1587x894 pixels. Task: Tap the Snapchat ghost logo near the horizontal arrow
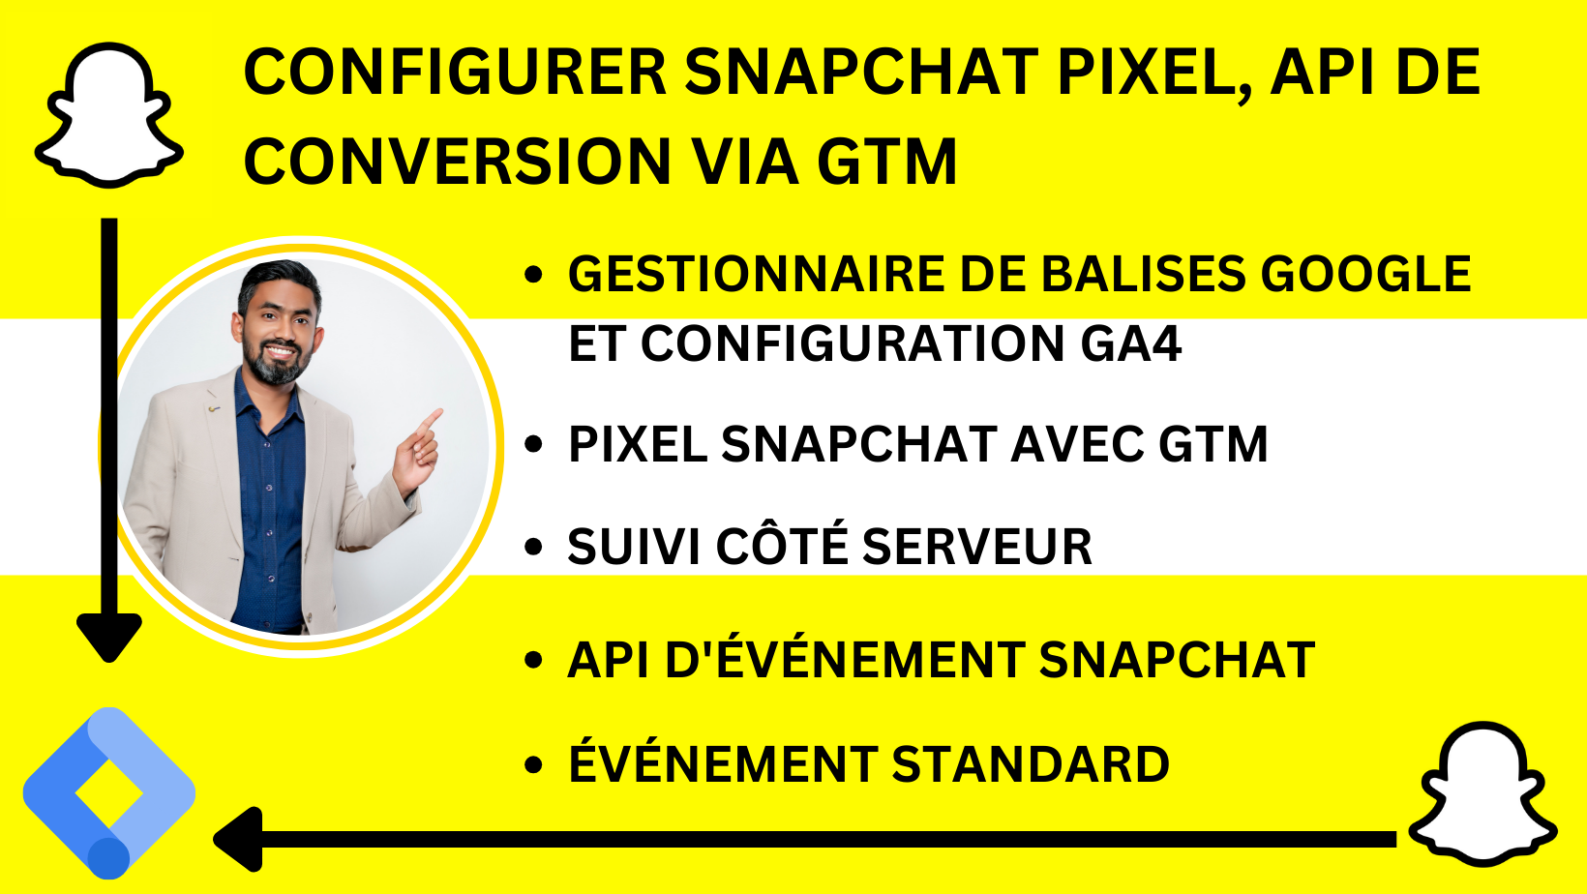coord(1482,793)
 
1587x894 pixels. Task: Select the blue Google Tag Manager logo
coord(109,793)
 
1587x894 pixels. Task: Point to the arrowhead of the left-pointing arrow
coord(238,840)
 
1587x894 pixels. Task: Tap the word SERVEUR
coord(977,547)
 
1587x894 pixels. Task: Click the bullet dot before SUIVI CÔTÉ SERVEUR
coord(533,547)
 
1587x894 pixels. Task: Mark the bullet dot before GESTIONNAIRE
coord(533,274)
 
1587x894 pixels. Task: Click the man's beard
coord(275,363)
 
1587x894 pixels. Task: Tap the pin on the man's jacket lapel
coord(213,408)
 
